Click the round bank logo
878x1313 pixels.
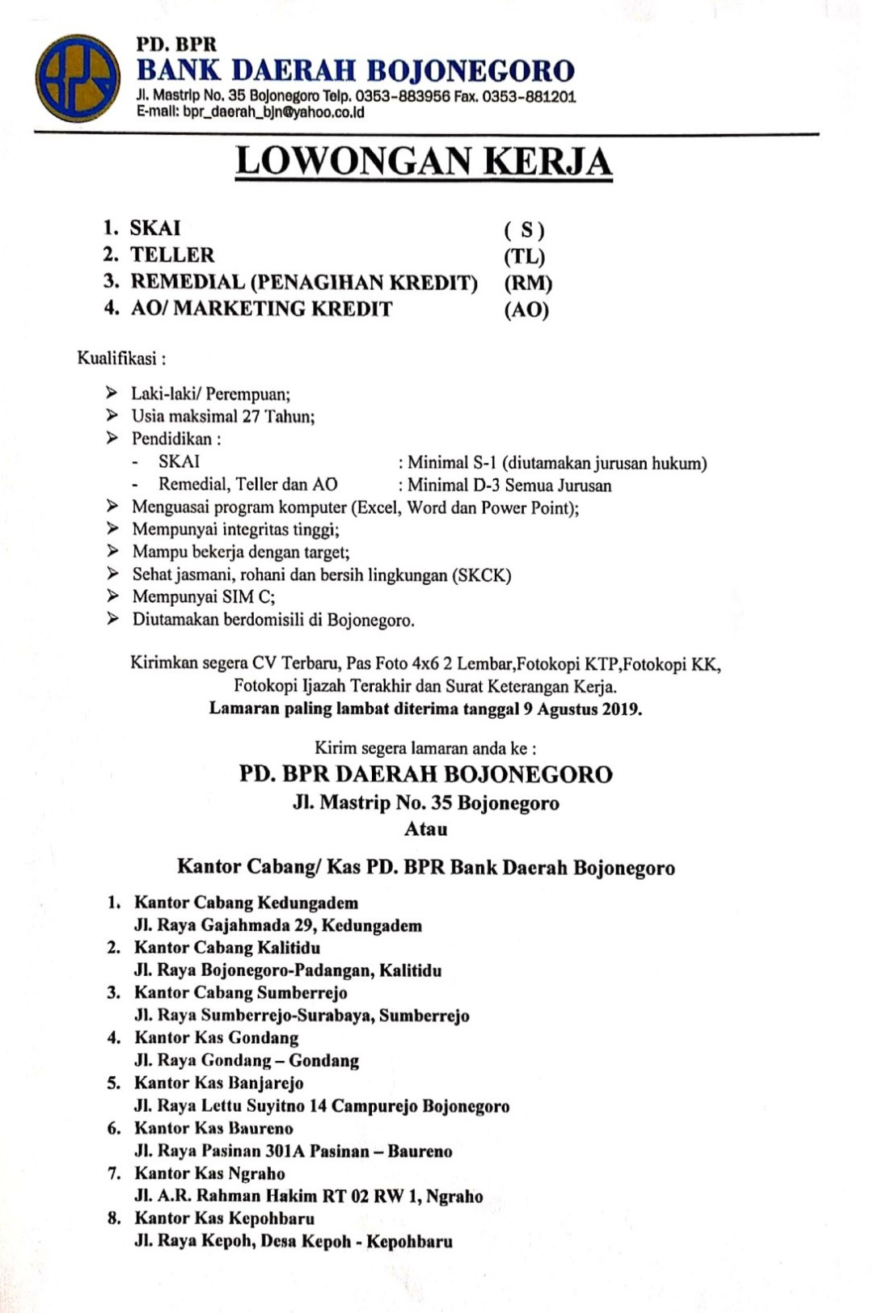coord(78,78)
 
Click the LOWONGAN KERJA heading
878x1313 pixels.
coord(424,162)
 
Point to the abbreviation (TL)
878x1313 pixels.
coord(525,257)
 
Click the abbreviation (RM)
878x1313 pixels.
coord(528,284)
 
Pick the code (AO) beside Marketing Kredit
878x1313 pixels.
coord(526,310)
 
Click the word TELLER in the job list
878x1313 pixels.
coord(172,255)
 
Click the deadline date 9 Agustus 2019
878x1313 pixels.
coord(581,709)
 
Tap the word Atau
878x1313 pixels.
coord(425,829)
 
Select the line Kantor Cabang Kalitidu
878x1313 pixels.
coord(227,948)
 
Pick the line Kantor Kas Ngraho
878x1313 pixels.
coord(209,1173)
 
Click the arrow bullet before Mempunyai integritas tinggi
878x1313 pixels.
coord(112,529)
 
